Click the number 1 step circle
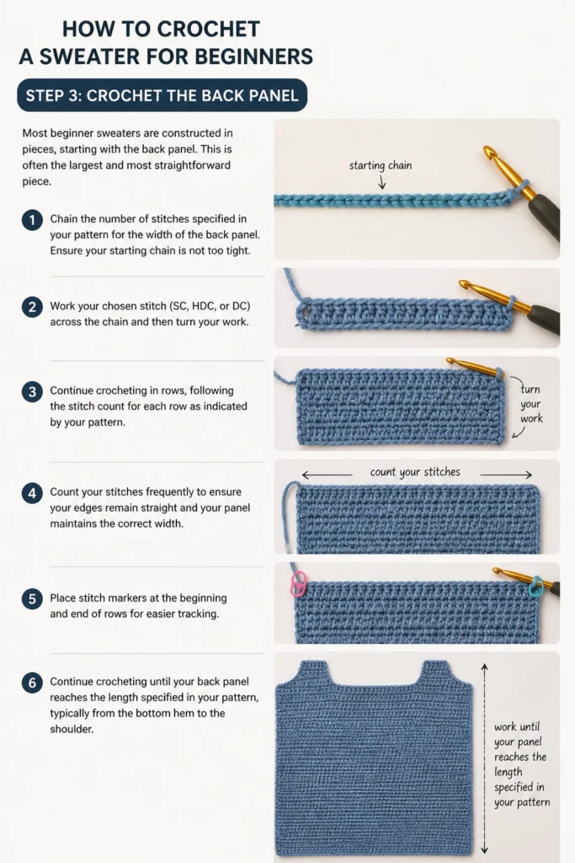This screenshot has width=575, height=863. [32, 220]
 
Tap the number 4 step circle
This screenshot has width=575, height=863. [32, 493]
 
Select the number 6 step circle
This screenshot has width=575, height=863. [32, 683]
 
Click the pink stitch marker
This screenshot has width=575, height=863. [298, 584]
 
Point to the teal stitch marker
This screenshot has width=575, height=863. [535, 587]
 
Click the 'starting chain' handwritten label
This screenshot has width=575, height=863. [381, 166]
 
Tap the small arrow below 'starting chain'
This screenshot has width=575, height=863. [381, 183]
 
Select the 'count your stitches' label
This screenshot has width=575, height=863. [415, 472]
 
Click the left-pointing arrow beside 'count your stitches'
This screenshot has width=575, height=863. [327, 474]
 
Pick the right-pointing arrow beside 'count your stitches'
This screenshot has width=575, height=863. [506, 474]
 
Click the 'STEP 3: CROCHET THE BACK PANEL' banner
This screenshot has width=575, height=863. [162, 95]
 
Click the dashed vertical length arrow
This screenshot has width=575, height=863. [484, 758]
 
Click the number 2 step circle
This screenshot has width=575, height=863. [32, 307]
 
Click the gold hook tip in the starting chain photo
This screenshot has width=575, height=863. [487, 151]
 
